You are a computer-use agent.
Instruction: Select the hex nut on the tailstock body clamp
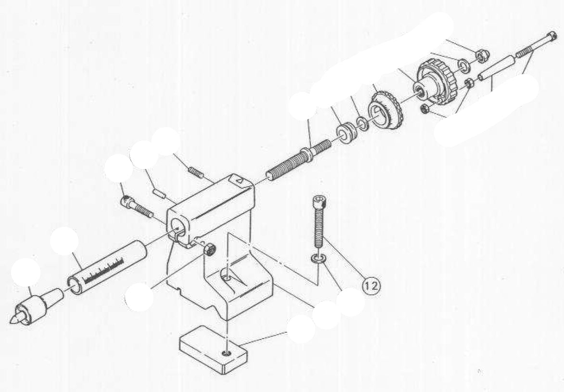(x=209, y=249)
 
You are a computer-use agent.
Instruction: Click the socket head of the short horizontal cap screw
(x=126, y=200)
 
